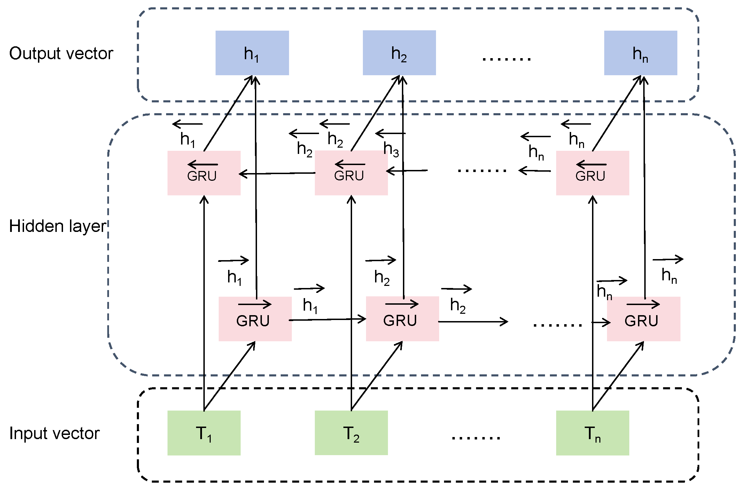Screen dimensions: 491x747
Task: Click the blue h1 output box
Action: pos(252,53)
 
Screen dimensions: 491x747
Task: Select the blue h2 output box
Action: pos(399,53)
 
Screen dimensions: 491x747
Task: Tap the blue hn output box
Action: pos(640,53)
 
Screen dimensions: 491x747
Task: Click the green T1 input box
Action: pos(204,433)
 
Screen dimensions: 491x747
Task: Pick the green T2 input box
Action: pos(351,433)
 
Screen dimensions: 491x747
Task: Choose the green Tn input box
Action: pos(592,433)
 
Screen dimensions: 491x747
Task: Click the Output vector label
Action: pos(61,54)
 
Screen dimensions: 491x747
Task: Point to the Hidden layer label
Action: pos(57,226)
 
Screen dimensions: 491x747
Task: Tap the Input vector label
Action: pos(55,434)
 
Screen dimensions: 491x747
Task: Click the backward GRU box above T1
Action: pos(204,173)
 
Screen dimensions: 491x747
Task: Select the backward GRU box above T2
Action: pos(351,173)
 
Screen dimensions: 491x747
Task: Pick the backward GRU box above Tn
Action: pos(592,173)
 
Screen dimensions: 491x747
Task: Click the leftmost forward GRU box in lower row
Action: pos(255,319)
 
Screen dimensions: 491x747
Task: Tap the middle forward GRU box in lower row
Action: pos(402,319)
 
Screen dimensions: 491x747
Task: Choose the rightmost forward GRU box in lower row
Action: pos(644,319)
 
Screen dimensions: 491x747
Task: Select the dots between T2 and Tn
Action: pos(476,437)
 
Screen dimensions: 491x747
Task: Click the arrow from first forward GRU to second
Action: pos(327,319)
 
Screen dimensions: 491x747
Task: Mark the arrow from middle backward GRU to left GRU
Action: pos(277,173)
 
